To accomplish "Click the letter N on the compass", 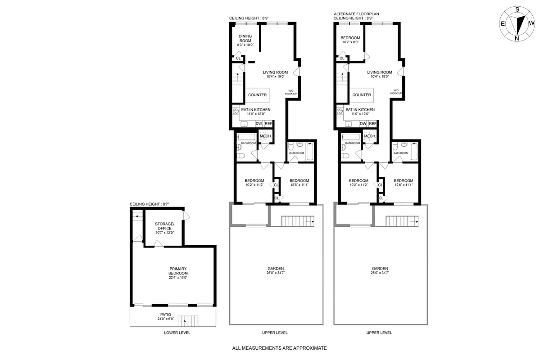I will [x=517, y=38].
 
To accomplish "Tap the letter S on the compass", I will [x=517, y=9].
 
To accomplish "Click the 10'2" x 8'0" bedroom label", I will [x=350, y=40].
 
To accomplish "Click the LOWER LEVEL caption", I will [x=177, y=333].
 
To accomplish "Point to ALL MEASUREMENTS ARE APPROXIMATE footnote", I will [x=279, y=348].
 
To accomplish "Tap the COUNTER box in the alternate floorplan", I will [x=362, y=95].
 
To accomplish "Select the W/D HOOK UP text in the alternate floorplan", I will [x=396, y=91].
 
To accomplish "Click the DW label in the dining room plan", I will [x=259, y=124].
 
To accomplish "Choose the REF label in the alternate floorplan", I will [x=372, y=124].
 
